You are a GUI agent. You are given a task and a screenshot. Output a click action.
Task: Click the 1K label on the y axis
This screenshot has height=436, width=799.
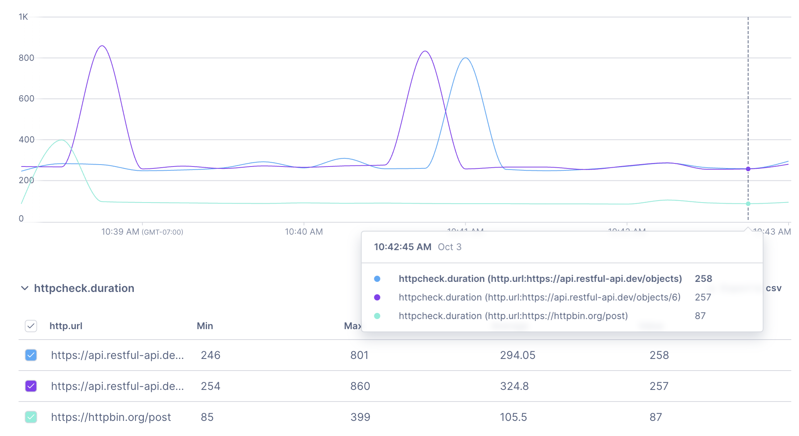pos(23,17)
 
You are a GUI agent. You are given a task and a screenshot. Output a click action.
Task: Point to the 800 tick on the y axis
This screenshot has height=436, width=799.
pos(26,58)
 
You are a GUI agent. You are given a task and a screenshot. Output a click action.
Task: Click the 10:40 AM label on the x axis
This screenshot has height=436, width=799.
pos(304,232)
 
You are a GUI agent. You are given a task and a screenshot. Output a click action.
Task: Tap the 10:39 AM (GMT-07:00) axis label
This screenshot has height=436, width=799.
pos(142,232)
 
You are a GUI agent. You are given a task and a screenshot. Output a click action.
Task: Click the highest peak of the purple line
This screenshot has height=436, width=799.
pos(102,46)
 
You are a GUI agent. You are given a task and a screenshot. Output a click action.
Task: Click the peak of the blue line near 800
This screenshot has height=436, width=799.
pos(466,58)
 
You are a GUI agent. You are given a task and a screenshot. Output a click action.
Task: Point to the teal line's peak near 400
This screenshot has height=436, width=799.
pos(61,140)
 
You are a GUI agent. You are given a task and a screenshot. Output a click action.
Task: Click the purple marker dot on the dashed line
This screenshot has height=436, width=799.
pos(748,169)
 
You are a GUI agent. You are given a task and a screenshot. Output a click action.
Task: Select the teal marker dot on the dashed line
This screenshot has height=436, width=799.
pos(748,204)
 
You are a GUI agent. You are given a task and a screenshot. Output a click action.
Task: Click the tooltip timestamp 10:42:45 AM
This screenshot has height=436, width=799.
pos(402,247)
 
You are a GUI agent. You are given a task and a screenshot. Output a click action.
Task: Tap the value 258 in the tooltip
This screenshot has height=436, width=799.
pos(703,279)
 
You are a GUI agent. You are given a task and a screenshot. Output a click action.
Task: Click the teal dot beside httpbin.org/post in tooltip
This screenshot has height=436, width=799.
pos(377,316)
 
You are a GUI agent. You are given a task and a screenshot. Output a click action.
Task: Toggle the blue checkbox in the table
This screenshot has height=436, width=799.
pos(31,355)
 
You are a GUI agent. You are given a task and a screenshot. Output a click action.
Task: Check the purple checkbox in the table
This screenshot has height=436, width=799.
pos(31,386)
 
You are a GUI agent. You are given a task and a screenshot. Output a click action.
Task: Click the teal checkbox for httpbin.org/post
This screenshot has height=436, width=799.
pos(31,417)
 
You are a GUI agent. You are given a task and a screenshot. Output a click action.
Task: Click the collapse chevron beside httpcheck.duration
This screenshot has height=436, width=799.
pos(25,288)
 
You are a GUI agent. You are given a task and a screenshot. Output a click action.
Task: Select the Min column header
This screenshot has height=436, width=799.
pos(205,326)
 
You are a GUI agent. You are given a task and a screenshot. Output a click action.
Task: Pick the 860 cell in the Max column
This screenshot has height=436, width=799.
pos(360,386)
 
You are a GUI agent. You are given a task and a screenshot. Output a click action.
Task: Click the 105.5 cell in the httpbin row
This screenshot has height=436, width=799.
pos(513,417)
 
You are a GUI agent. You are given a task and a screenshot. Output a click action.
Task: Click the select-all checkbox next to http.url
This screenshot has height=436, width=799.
pos(31,326)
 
